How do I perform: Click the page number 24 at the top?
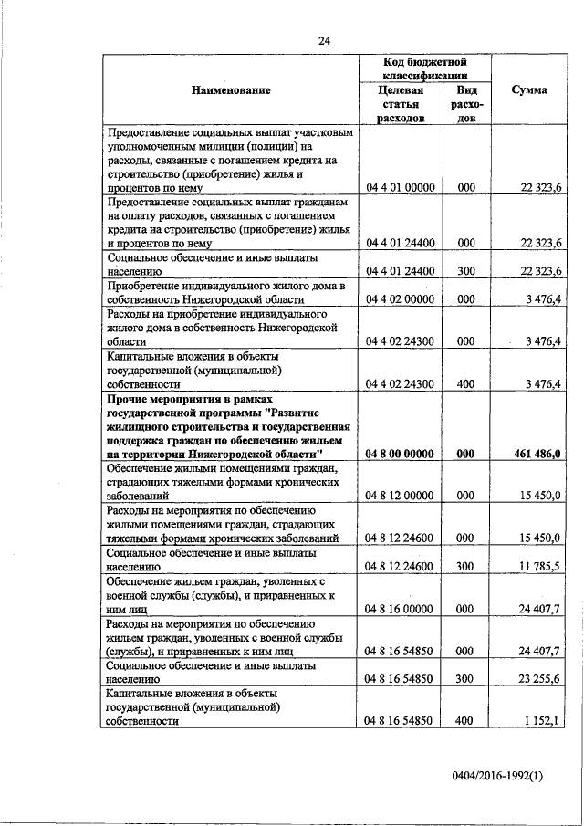[x=325, y=40]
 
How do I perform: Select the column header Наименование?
[x=231, y=90]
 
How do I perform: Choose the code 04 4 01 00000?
[x=400, y=188]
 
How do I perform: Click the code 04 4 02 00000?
[x=400, y=298]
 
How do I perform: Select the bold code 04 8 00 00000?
[x=400, y=454]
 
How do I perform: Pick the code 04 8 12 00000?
[x=400, y=496]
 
